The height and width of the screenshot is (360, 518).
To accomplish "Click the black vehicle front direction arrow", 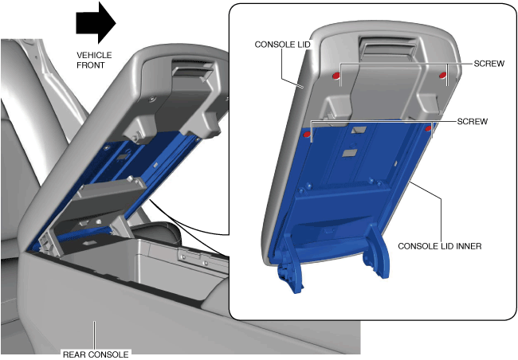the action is (x=96, y=23).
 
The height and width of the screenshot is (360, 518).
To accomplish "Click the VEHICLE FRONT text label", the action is (x=94, y=60).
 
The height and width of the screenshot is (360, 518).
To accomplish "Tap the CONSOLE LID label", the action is (x=283, y=45).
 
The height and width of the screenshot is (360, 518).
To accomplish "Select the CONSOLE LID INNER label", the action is (x=440, y=246).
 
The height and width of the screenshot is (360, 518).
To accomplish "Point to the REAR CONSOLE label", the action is (x=96, y=354).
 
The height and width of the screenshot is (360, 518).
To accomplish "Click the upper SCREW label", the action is (x=489, y=64).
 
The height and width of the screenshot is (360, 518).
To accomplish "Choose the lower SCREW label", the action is (x=473, y=122).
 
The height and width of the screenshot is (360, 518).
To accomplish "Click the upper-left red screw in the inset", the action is (x=336, y=76).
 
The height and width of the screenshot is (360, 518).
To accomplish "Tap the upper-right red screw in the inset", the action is (x=442, y=76).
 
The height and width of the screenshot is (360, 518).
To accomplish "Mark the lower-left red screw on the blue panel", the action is (x=307, y=135).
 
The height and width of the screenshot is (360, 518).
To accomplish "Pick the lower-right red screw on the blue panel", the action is (x=429, y=128).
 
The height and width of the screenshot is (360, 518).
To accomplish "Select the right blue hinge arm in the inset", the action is (x=376, y=252).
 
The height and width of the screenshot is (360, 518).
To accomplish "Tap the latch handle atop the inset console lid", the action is (x=387, y=49).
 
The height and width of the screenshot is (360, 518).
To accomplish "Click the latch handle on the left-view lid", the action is (x=192, y=71).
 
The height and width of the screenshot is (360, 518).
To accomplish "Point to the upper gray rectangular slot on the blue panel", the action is (x=359, y=130).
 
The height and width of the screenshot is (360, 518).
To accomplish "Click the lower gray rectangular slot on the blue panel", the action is (x=350, y=153).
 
